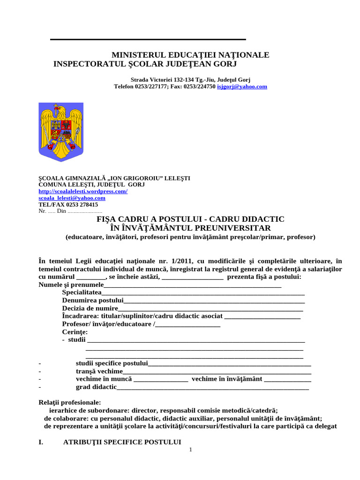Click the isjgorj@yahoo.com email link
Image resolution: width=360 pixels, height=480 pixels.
coord(242,87)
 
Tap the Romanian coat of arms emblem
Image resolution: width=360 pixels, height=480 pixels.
coord(60,132)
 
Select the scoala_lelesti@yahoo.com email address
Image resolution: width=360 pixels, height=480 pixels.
coord(72,198)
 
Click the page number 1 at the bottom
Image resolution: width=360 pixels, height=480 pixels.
coord(191,450)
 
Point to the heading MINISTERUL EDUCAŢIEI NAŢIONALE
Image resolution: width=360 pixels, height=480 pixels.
coord(190,55)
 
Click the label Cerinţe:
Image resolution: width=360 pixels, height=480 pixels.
coord(75,332)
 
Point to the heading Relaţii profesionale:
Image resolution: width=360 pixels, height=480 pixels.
coord(69,402)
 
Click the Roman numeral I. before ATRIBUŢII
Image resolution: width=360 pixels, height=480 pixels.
coord(41,442)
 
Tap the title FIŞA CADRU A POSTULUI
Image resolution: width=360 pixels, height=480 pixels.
coord(190,219)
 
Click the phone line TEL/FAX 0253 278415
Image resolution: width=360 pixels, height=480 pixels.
coord(68,204)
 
